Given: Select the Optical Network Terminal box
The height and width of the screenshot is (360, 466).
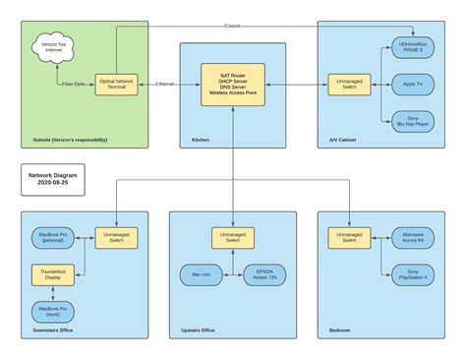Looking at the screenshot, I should pos(116,85).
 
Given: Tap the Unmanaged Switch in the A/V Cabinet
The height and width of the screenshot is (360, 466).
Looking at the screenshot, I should pos(349,85).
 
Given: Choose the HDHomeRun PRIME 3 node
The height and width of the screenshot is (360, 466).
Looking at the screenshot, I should pos(414,46).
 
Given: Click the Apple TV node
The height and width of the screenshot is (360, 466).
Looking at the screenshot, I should pos(414,85).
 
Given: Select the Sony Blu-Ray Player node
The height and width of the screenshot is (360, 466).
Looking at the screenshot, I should pos(414,122).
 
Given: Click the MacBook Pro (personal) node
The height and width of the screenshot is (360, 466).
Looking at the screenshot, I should pos(54,237).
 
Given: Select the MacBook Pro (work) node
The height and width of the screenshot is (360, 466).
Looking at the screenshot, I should pos(54,312).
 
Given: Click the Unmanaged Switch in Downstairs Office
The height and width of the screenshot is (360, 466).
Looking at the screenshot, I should pos(116,237).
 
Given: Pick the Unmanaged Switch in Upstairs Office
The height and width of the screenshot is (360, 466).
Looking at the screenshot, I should pos(233,237).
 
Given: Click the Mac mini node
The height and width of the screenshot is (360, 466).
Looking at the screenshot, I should pos(203,274).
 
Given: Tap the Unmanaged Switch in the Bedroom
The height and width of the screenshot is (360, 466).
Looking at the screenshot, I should pos(349,237).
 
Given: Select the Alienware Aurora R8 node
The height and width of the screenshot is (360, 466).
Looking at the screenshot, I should pos(414,237).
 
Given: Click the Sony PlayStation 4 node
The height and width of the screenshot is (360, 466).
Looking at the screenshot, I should pos(414,274).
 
